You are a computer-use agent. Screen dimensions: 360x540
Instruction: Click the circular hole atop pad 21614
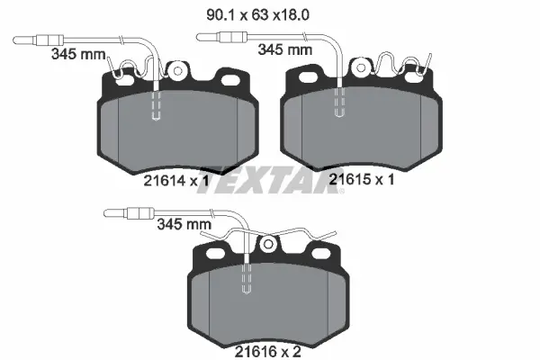[x=178, y=69]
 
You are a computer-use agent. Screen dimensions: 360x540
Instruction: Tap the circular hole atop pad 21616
[x=266, y=243]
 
